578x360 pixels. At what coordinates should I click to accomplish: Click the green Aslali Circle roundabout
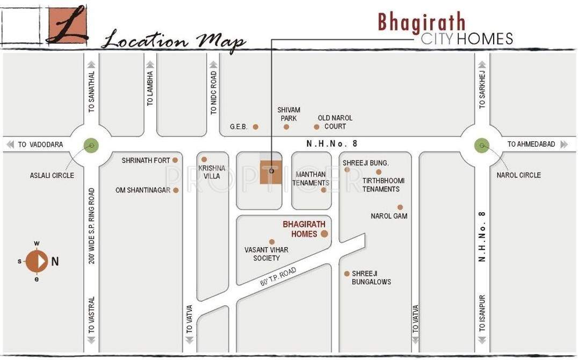point(91,145)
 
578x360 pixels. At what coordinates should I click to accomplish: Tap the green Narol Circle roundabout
point(482,145)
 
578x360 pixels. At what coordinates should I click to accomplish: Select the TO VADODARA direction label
point(40,145)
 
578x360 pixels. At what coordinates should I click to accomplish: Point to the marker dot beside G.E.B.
point(256,127)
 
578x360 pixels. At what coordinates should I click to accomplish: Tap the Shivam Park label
point(288,114)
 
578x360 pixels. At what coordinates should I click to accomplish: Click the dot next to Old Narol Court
point(316,127)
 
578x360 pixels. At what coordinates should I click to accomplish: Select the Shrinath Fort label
point(146,160)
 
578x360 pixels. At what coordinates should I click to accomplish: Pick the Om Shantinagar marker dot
point(176,190)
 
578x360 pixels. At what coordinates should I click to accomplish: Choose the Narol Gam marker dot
point(400,207)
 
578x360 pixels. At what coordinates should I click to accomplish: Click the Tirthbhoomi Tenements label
point(383,185)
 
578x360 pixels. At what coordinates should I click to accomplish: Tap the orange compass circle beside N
point(37,262)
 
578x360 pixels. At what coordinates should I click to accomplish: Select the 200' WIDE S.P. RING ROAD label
point(92,226)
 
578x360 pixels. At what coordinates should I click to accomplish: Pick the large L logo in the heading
point(66,24)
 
